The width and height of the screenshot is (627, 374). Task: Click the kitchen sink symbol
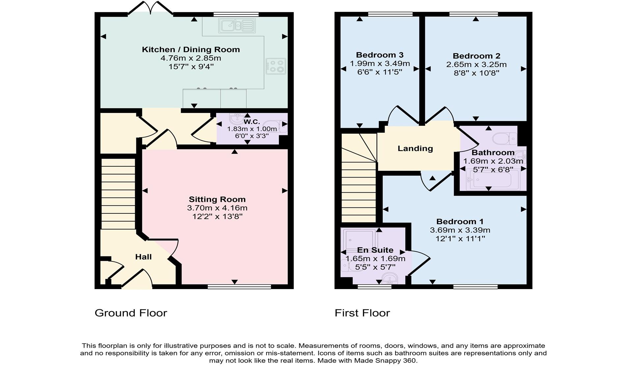click(237, 26)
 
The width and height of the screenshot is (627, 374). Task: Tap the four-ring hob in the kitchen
click(276, 66)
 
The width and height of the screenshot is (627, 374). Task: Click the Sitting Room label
click(217, 199)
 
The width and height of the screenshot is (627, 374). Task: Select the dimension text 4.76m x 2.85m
click(191, 58)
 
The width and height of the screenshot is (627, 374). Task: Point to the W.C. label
click(252, 121)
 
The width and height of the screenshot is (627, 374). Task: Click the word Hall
click(143, 257)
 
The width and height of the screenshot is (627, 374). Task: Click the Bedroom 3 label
click(379, 55)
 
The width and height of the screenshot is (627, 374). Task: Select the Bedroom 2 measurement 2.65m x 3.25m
click(476, 65)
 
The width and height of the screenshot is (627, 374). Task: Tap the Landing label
click(415, 148)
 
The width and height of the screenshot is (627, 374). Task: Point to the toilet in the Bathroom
click(504, 138)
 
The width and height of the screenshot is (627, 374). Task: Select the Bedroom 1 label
click(460, 222)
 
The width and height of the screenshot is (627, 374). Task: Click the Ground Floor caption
click(131, 313)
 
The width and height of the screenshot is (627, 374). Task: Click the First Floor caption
click(362, 313)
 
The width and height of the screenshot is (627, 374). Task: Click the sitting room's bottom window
click(239, 287)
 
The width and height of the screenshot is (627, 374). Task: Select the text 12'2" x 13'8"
click(217, 217)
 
